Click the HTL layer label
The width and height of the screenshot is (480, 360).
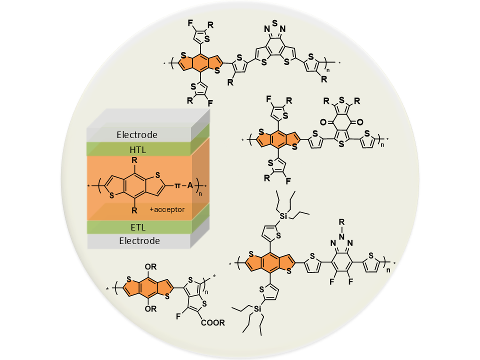[138, 150]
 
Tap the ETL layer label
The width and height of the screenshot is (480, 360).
[138, 228]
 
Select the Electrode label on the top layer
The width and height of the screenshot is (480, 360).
[137, 135]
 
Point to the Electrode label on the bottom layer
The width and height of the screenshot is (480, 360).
[140, 241]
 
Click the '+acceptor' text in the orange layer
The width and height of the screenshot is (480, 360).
[167, 210]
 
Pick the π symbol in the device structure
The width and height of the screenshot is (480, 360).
[178, 185]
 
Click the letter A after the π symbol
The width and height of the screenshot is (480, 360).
[190, 185]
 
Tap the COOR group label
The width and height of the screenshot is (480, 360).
[213, 323]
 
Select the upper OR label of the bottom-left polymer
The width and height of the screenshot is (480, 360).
[151, 267]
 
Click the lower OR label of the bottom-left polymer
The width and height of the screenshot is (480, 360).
[151, 309]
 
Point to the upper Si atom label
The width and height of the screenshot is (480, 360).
[284, 216]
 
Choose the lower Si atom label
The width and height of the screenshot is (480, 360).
[258, 309]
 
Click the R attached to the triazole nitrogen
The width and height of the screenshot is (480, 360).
[342, 222]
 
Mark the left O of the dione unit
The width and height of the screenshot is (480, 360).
[323, 122]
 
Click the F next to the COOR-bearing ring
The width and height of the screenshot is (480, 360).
[178, 316]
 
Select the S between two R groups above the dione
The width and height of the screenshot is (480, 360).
[342, 100]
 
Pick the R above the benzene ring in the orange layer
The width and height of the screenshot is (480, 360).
[134, 160]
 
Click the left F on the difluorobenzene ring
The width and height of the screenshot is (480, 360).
[332, 282]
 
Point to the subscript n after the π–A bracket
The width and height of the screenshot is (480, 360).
[200, 194]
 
